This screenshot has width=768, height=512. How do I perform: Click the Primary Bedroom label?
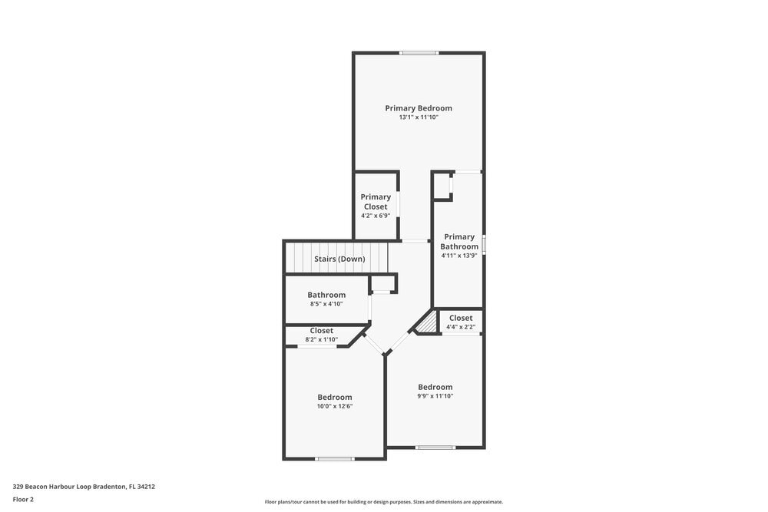tap(419, 108)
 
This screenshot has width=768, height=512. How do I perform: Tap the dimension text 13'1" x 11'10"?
tap(419, 117)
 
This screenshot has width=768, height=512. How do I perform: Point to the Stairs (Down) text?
tap(339, 259)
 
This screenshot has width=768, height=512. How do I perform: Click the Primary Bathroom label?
tap(459, 241)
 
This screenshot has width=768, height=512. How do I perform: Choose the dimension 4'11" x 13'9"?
tap(459, 256)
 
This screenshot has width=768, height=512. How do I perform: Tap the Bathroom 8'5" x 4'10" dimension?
tap(326, 304)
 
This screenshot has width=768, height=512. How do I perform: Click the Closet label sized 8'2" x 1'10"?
tap(322, 331)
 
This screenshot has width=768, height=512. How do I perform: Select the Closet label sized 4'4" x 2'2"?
tap(461, 318)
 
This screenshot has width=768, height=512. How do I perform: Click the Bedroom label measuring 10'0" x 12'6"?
tap(335, 397)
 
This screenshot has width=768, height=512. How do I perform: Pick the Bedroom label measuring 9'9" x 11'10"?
tap(435, 387)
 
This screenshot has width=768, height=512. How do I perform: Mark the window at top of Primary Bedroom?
tap(419, 53)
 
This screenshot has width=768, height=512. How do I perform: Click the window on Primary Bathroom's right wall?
tap(484, 243)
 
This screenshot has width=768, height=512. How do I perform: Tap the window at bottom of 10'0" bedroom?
tap(335, 459)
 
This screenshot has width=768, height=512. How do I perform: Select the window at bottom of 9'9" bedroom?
tap(435, 447)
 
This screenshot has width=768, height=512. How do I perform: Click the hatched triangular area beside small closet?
tap(427, 325)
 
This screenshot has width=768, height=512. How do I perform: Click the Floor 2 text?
tap(23, 499)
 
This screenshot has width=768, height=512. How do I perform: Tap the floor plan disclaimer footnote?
tap(383, 502)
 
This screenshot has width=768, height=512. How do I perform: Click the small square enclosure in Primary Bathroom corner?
tap(442, 187)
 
